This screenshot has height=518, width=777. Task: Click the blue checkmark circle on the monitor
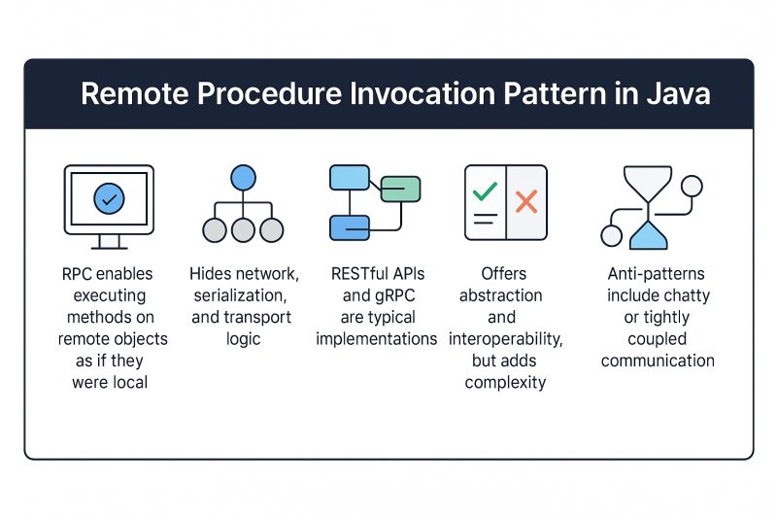(109, 199)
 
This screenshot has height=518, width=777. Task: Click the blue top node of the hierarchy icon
(243, 178)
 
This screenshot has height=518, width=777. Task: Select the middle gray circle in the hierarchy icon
(243, 230)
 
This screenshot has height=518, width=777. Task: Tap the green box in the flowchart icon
(399, 189)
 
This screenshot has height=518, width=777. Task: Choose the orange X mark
(526, 202)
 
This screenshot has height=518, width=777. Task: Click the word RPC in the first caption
(77, 274)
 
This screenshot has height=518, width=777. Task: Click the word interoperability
(505, 339)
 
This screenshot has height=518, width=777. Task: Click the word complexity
(505, 382)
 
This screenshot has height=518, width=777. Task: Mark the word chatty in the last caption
(686, 295)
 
